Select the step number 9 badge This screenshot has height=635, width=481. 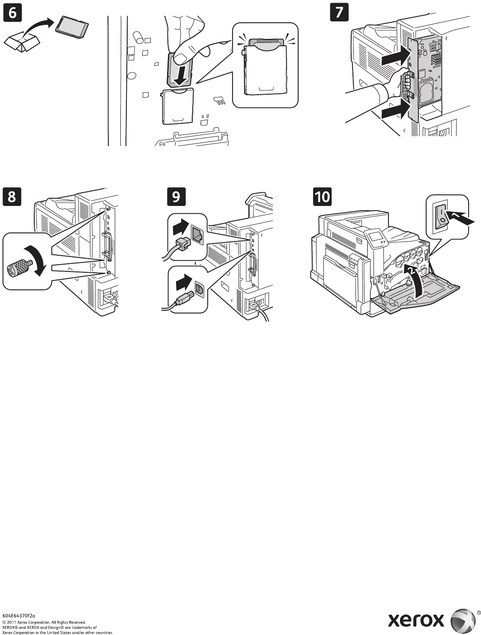(176, 197)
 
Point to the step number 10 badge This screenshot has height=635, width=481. (323, 197)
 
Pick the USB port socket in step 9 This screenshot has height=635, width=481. (199, 289)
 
